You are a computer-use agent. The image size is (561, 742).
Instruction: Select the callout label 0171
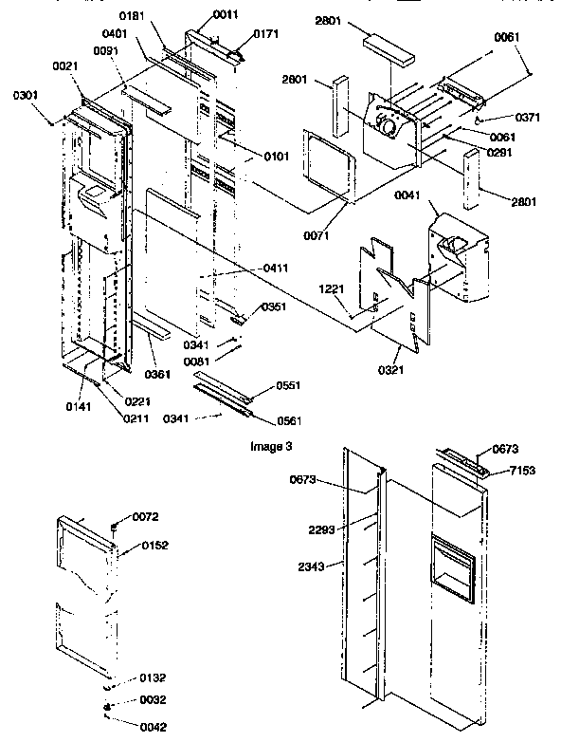pos(239,34)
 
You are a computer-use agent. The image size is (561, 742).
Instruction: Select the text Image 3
pos(271,443)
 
